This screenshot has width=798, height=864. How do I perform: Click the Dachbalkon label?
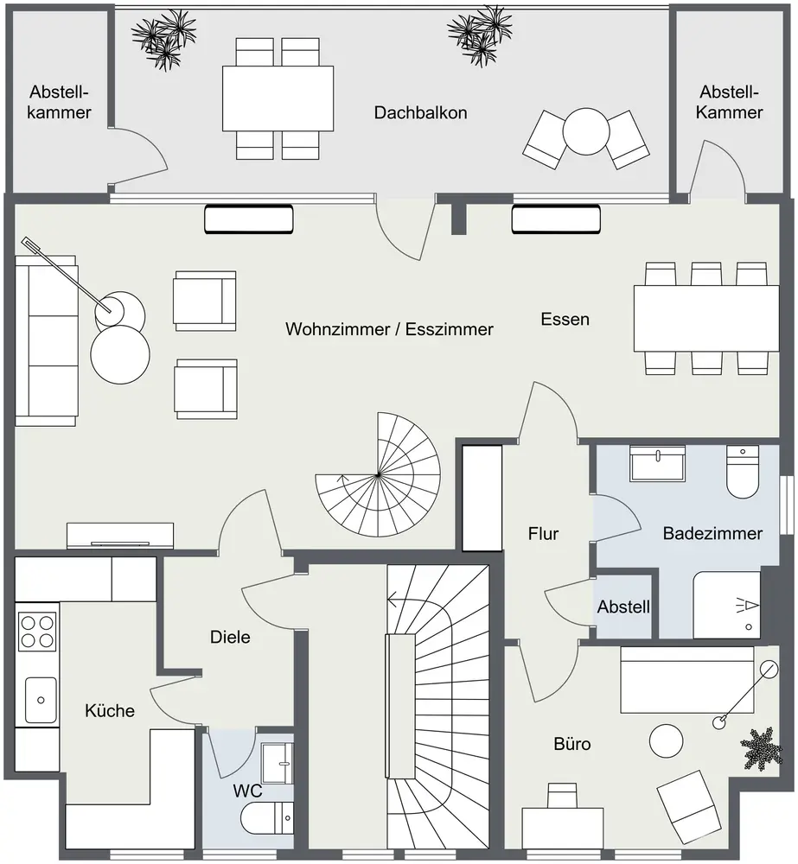[420, 112]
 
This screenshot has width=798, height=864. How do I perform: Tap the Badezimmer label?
[712, 533]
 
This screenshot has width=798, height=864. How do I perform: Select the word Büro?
[572, 742]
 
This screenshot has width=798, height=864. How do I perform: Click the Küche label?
[110, 711]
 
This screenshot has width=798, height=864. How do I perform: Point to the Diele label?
[230, 638]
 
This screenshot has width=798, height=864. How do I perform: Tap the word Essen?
[565, 319]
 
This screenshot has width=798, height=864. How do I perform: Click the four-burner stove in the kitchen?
[37, 630]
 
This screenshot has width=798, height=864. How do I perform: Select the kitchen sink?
[40, 700]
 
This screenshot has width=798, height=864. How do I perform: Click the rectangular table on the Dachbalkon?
[278, 98]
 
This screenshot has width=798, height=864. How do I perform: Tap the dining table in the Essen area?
[705, 317]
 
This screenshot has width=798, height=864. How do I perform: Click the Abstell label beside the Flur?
[623, 607]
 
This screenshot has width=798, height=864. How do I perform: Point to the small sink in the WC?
[278, 758]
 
